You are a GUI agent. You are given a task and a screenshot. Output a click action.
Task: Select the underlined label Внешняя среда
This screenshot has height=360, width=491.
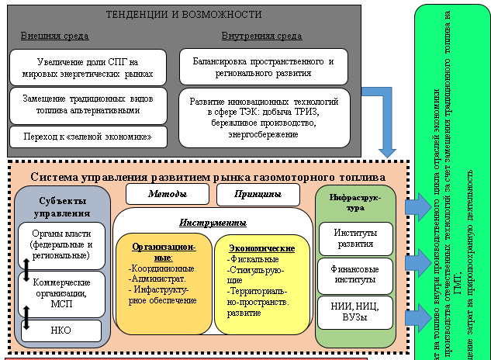pos(55,36)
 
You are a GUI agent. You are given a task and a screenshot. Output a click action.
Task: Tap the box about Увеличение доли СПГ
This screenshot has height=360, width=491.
pos(88,67)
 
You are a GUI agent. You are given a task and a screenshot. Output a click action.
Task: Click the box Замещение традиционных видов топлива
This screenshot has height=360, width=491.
pos(88,105)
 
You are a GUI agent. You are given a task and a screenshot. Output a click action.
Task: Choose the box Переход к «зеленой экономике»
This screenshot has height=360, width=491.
pos(88,137)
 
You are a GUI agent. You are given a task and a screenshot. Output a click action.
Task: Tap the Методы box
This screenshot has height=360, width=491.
pos(167,194)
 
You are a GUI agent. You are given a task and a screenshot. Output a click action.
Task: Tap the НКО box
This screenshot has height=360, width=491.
pos(62,331)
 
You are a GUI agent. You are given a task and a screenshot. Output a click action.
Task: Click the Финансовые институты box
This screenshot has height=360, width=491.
pos(355,276)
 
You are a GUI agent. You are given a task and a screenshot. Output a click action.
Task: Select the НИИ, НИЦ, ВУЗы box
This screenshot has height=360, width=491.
pos(355,313)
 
